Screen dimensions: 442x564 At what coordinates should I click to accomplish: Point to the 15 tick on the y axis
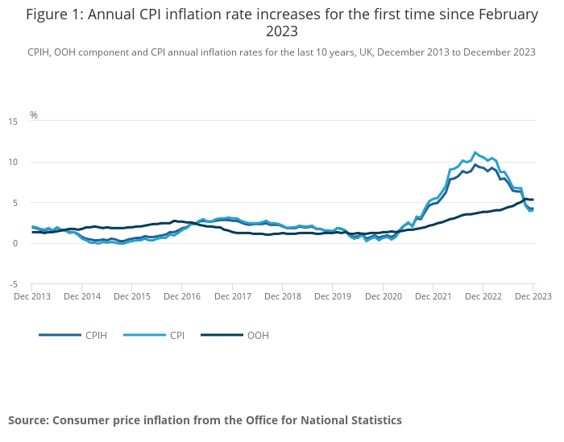(x=12, y=122)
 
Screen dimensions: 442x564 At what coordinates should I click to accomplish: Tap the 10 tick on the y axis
(x=12, y=163)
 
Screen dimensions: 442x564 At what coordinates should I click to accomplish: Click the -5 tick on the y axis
(x=13, y=284)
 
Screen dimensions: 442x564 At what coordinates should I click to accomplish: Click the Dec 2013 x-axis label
(x=32, y=296)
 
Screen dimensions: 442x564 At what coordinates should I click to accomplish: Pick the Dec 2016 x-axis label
(x=182, y=296)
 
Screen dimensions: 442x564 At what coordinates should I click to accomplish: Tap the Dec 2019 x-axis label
(x=333, y=296)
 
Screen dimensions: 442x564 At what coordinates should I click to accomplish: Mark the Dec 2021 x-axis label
(x=433, y=296)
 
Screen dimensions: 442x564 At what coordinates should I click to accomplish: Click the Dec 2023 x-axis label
(x=532, y=296)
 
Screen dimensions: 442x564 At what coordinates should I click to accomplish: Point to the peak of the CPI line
(x=475, y=151)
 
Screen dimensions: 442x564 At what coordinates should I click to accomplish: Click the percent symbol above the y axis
(x=34, y=115)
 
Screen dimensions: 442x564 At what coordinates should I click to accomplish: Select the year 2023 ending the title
(x=282, y=32)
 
